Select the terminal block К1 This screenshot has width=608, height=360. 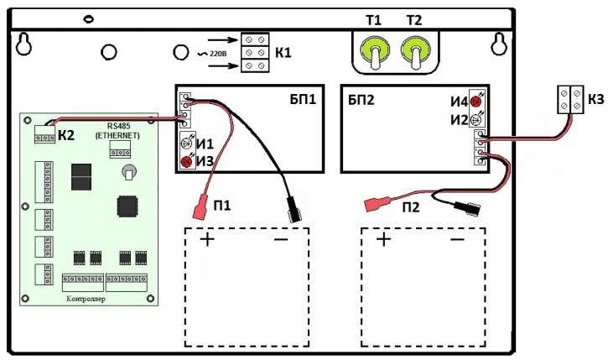point(254,52)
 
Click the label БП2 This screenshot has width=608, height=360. point(361,100)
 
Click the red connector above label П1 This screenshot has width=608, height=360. point(200,207)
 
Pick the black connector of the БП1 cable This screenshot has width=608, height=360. point(292,210)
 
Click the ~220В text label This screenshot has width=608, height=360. point(210,52)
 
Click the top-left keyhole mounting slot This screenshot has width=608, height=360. point(28,42)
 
